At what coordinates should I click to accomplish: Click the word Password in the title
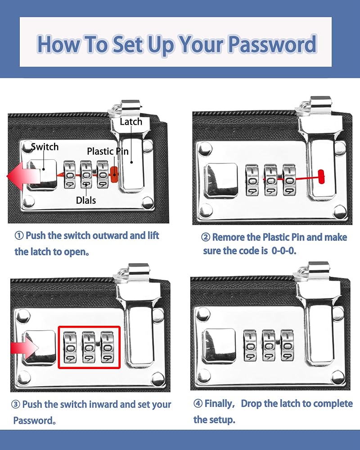pos(272,44)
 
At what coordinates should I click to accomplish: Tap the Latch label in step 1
pos(131,121)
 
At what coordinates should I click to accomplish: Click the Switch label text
pos(45,147)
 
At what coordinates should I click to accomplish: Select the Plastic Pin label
pos(108,151)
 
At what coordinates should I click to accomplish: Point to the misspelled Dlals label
pos(86,200)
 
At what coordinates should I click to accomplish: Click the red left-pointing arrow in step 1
pos(23,176)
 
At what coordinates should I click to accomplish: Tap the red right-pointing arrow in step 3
pos(24,348)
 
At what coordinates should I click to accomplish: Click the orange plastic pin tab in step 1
pos(114,174)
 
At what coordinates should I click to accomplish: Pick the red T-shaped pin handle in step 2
pos(321,176)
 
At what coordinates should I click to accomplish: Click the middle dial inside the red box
pos(89,347)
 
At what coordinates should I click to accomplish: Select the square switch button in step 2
pos(221,181)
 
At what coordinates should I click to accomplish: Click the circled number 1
pos(19,236)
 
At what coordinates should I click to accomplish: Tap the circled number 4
pos(198,404)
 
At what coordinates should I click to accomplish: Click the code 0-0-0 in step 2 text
pos(283,251)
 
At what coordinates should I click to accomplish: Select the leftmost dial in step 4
pos(250,345)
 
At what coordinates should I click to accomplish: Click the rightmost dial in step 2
pos(289,180)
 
